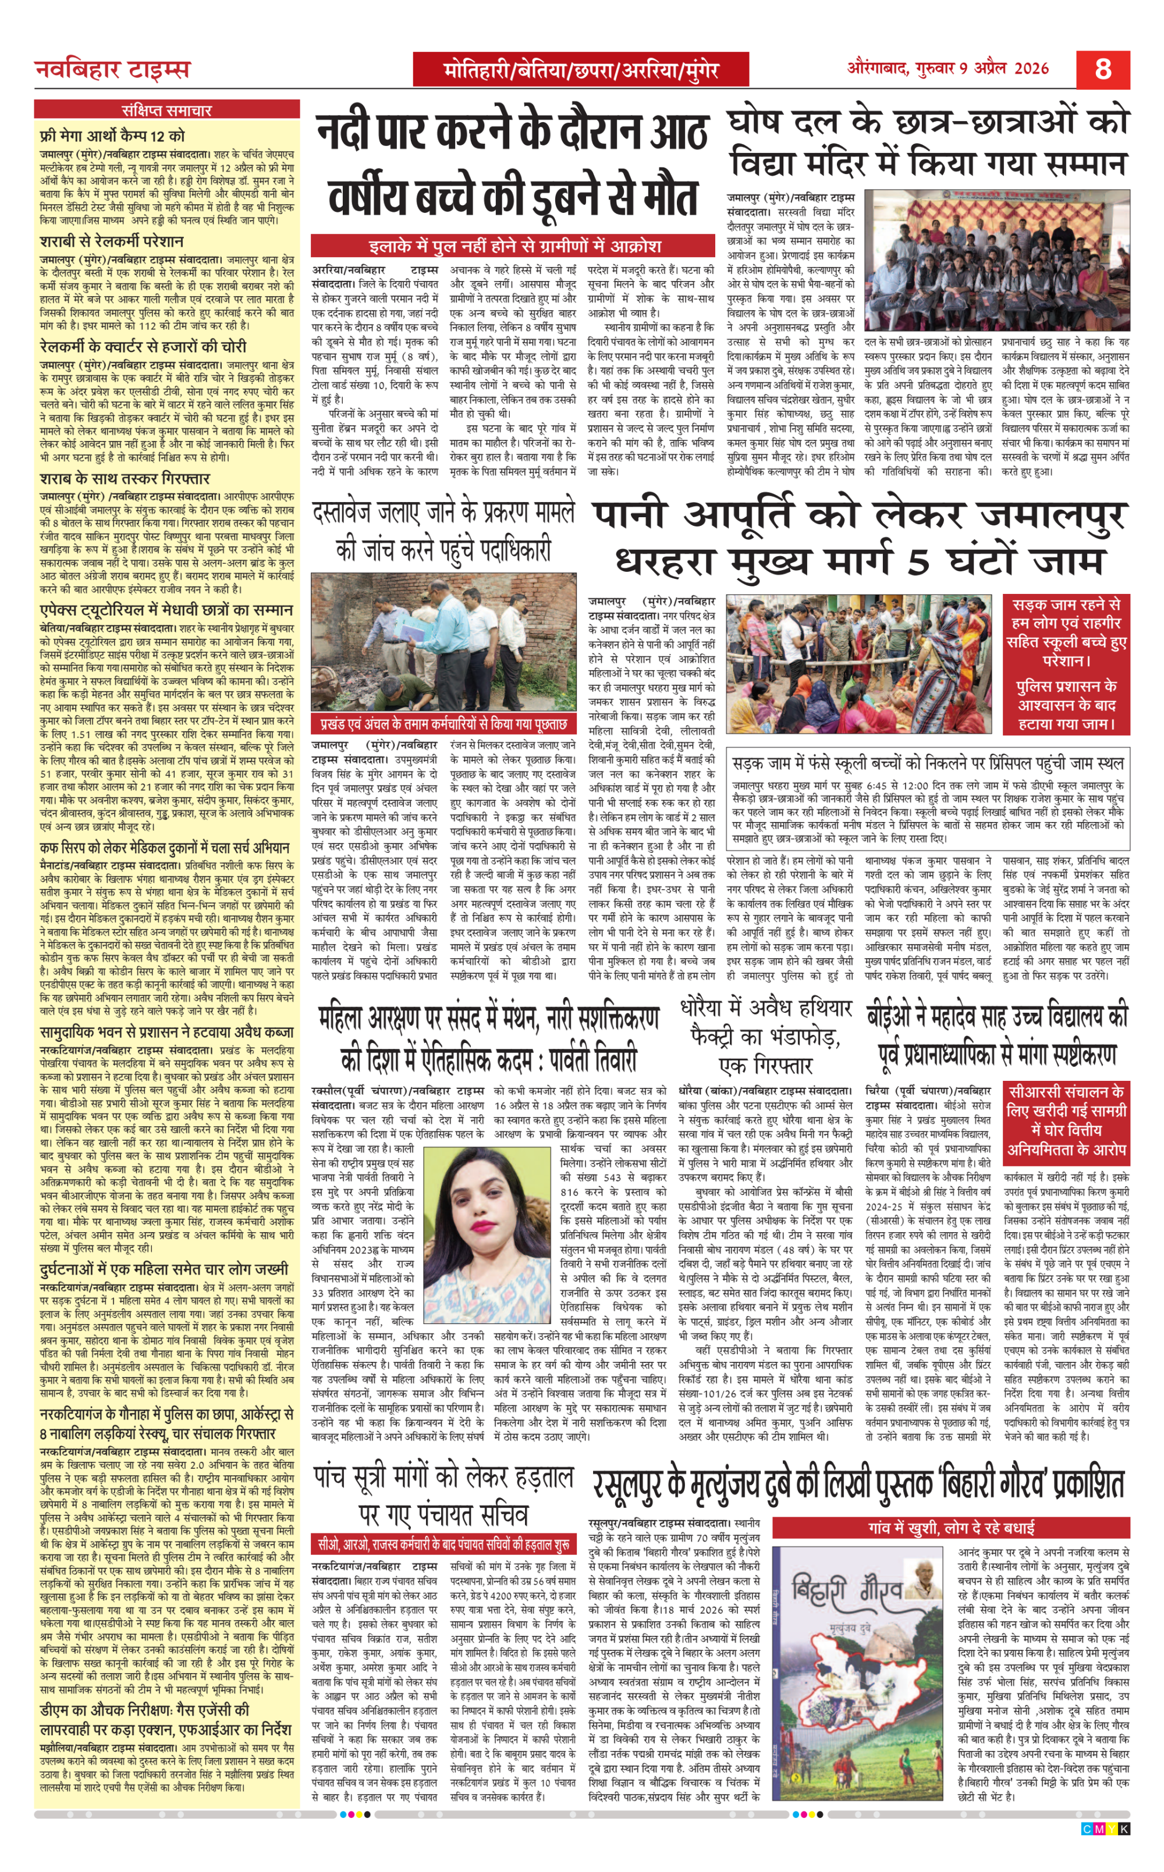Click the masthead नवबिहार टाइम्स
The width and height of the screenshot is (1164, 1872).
pyautogui.click(x=112, y=70)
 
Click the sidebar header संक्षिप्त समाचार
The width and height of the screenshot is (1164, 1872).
pyautogui.click(x=166, y=109)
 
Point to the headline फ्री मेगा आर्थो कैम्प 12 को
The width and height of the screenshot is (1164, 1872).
pyautogui.click(x=112, y=136)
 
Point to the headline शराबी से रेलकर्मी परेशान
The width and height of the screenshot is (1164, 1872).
pyautogui.click(x=112, y=241)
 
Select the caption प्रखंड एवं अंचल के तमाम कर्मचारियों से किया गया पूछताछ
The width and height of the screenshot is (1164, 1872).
pyautogui.click(x=443, y=725)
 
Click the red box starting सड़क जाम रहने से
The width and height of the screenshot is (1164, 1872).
pyautogui.click(x=1066, y=664)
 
